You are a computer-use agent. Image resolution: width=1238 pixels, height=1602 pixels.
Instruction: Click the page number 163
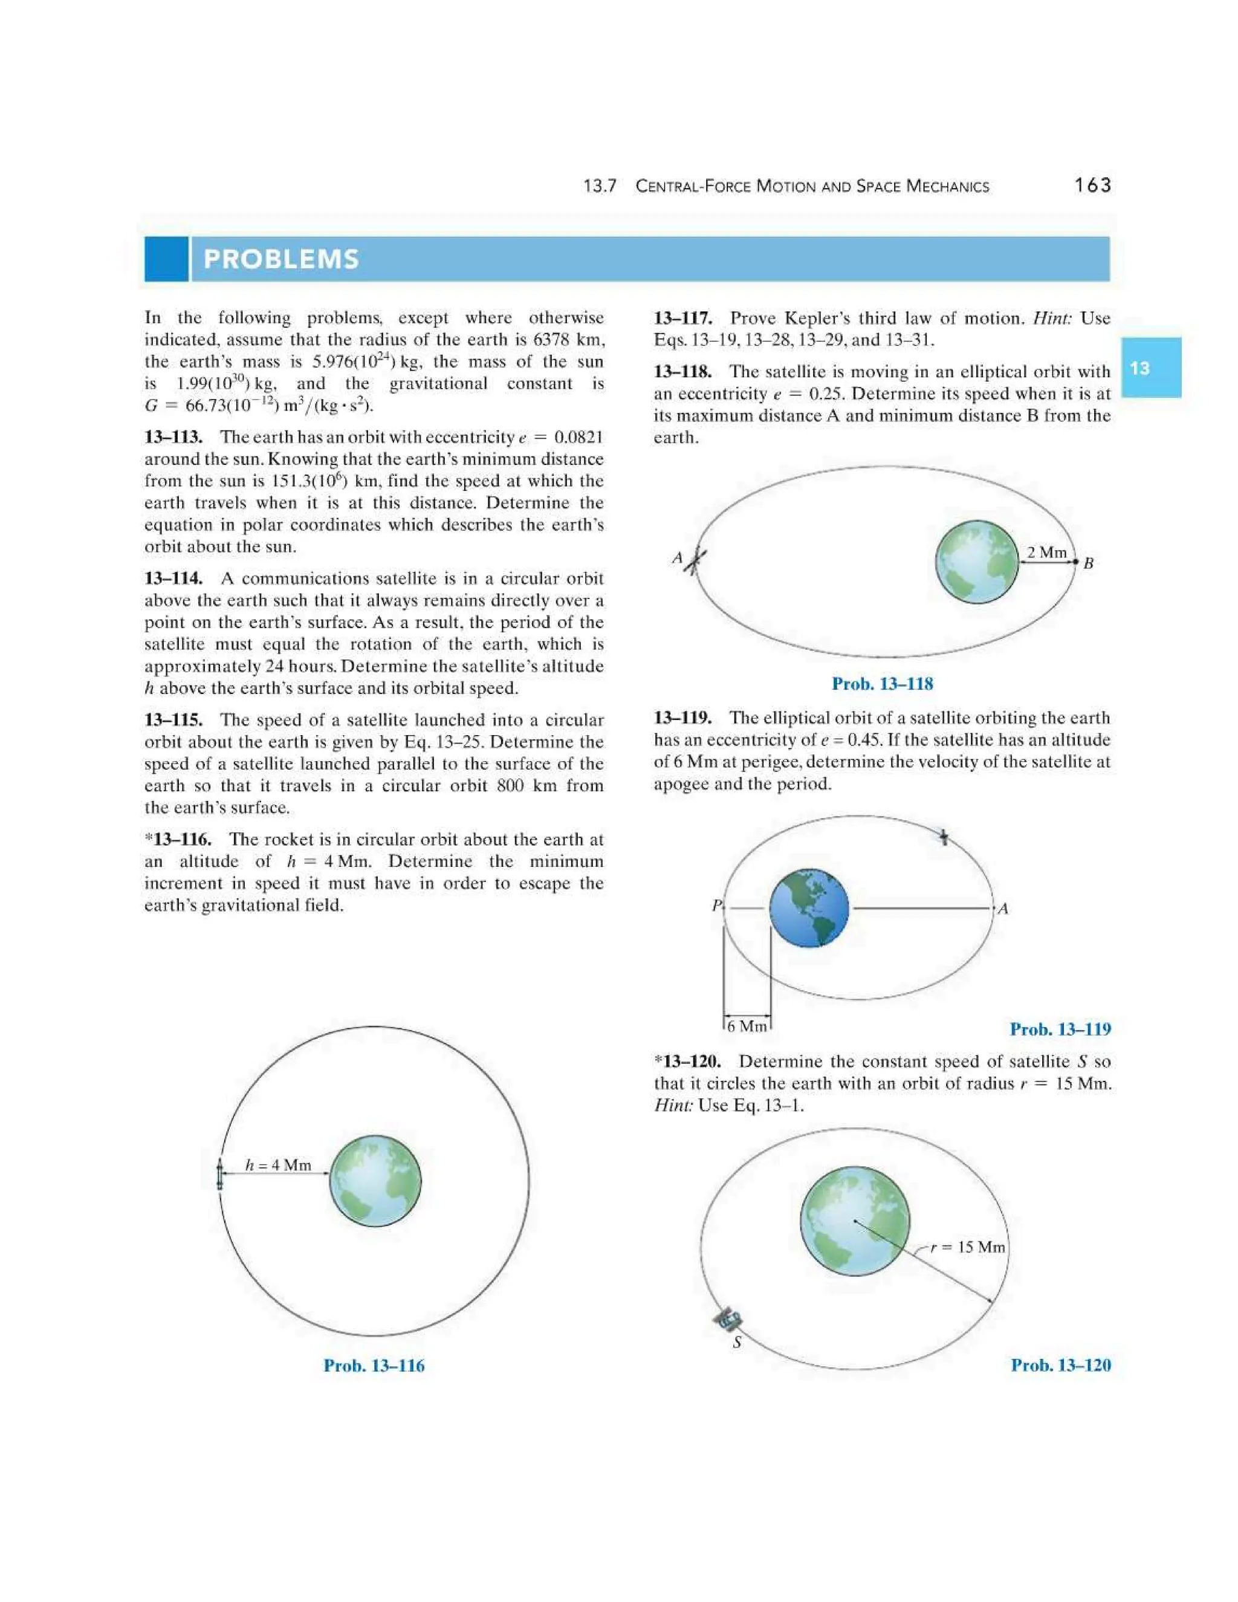[x=1092, y=186]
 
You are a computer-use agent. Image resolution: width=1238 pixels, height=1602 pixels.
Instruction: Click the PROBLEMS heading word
[x=281, y=259]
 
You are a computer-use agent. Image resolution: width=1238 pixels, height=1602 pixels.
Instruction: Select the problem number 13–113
[x=173, y=437]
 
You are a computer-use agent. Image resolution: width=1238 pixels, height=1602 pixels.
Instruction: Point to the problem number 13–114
[x=173, y=578]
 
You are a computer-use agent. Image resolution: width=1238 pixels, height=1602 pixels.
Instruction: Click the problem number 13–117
[x=682, y=319]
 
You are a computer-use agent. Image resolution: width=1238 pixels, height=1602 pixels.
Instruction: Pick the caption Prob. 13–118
[x=883, y=684]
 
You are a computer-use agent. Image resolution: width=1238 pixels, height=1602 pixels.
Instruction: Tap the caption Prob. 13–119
[x=1060, y=1028]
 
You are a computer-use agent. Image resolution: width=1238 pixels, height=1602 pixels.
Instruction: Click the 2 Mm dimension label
[x=1046, y=553]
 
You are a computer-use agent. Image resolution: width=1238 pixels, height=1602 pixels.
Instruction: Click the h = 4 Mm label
[x=278, y=1165]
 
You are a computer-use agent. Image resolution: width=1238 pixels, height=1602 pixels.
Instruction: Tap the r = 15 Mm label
[x=967, y=1247]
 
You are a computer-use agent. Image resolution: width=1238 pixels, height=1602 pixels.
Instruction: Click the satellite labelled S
[x=728, y=1320]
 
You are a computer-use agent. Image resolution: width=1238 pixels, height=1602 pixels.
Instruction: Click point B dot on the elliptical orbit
[x=1076, y=563]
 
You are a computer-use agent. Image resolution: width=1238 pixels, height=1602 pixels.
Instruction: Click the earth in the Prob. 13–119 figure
[x=809, y=908]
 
